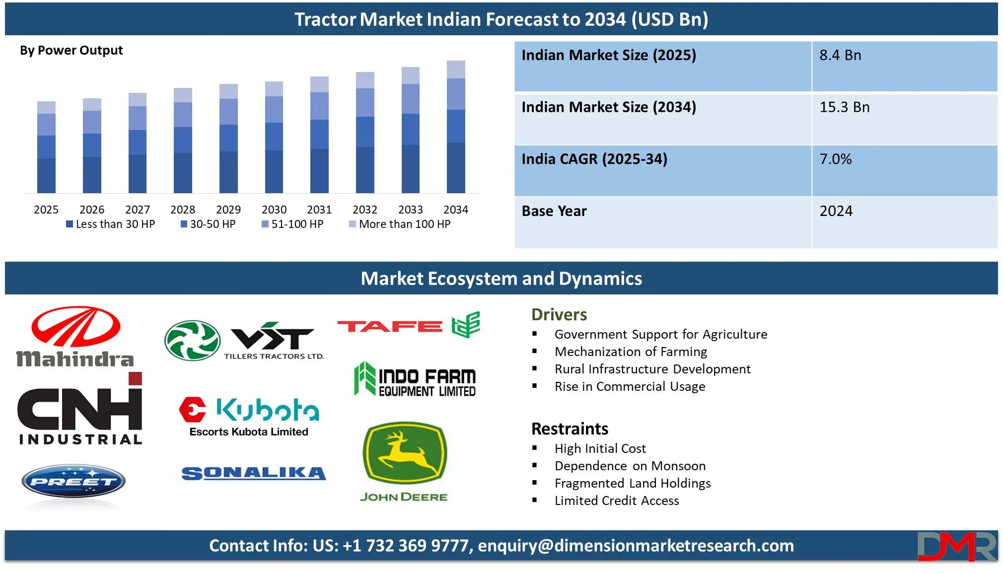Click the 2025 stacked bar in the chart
(46, 147)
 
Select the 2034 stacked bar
(456, 127)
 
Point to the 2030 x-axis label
(274, 210)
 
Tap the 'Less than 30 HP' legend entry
(111, 224)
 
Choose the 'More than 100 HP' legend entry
(400, 224)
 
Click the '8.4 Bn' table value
(840, 55)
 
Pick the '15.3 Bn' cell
(844, 107)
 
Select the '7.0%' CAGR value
(835, 159)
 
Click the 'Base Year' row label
(554, 211)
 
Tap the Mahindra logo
(75, 337)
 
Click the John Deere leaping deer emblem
(405, 453)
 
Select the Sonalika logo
(254, 474)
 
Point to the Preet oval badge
(73, 481)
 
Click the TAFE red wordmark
(390, 326)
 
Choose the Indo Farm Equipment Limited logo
(415, 379)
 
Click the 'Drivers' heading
(559, 315)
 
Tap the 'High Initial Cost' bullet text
(600, 448)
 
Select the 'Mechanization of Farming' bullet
(631, 352)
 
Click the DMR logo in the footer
(957, 546)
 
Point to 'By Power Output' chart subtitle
(71, 51)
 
